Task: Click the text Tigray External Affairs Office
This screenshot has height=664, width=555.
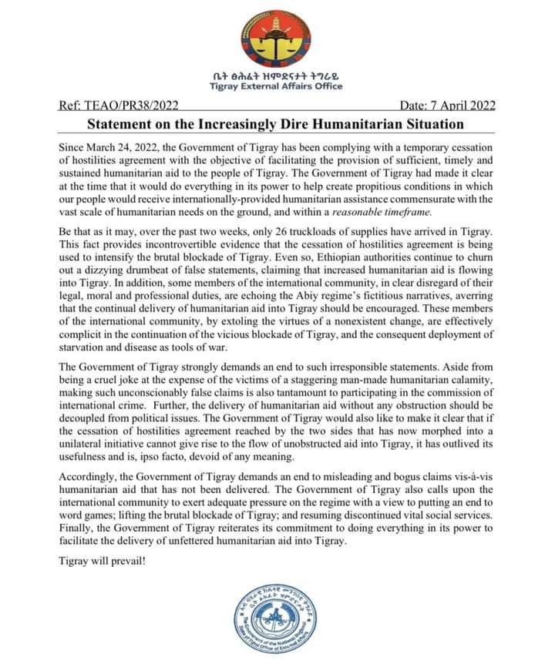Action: tap(277, 86)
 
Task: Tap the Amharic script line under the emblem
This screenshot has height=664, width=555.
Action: tap(277, 75)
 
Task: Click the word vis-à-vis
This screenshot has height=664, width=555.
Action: tap(476, 477)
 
